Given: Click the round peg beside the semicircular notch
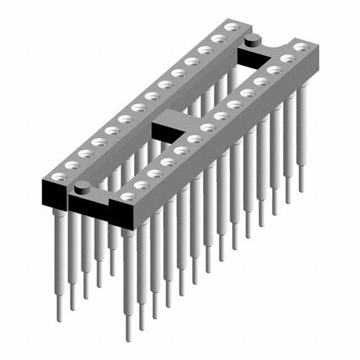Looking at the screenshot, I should pyautogui.click(x=253, y=39).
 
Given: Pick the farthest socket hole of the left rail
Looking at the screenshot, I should pyautogui.click(x=229, y=27).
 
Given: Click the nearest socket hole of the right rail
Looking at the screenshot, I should pyautogui.click(x=129, y=197).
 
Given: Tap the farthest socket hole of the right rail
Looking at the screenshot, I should pyautogui.click(x=302, y=47).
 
